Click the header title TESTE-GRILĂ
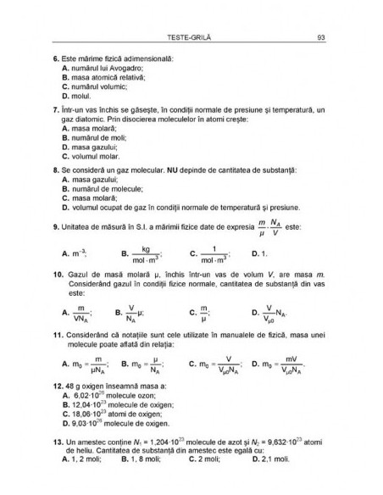click(x=191, y=36)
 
